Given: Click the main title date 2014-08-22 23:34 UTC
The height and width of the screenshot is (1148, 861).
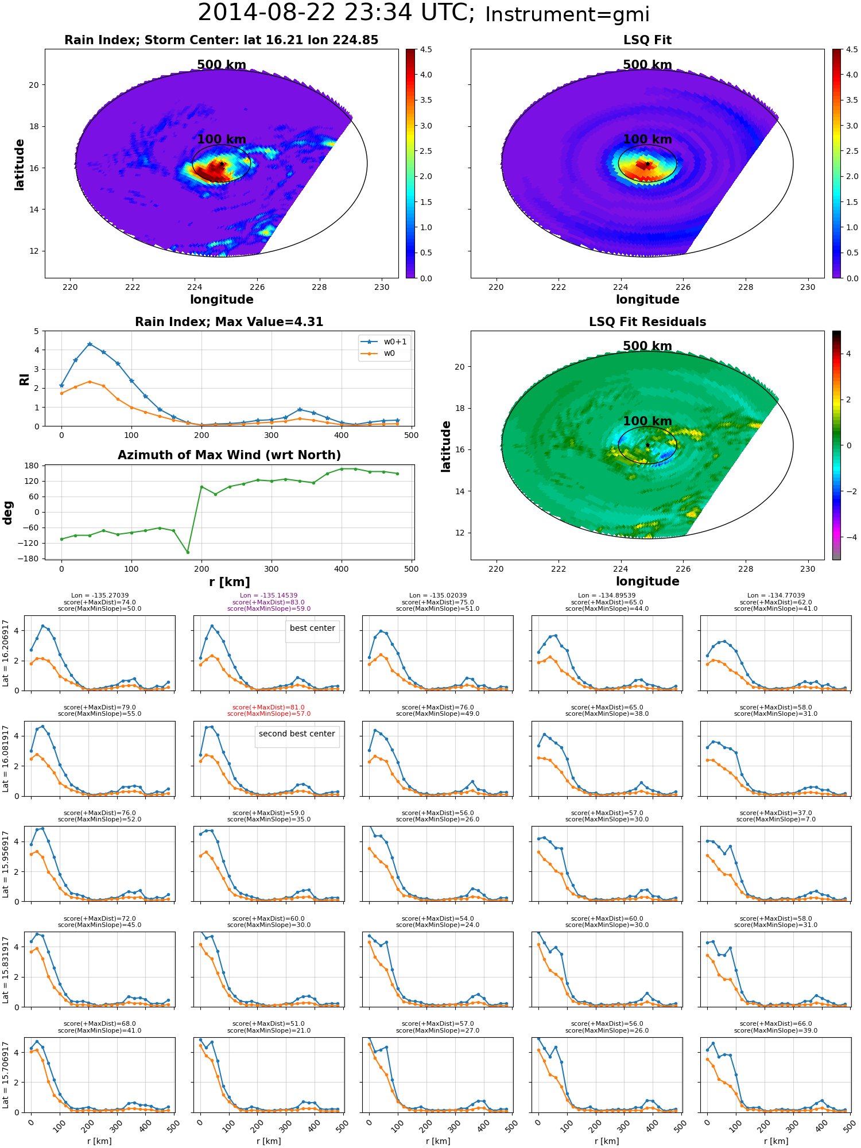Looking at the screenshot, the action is coord(336,13).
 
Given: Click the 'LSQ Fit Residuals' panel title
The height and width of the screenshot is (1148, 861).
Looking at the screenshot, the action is coord(647,322).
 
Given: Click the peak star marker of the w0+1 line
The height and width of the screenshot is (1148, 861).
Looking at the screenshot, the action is coord(90,344).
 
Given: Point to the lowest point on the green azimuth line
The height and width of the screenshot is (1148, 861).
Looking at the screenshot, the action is coord(188,552).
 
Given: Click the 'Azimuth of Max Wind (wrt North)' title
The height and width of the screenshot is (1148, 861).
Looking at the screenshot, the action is coord(229,455).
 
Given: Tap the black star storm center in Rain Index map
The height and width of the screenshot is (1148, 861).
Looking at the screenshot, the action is coord(222,164).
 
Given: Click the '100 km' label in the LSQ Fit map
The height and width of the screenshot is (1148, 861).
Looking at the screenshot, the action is coord(647,139).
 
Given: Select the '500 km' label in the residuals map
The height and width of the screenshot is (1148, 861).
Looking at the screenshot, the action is coord(647,346).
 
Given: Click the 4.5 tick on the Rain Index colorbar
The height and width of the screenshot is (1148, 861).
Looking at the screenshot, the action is coord(425,50).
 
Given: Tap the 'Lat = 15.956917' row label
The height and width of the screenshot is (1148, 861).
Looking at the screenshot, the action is coord(6,864).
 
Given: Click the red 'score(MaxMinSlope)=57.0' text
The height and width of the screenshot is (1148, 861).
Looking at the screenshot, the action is coord(269,714).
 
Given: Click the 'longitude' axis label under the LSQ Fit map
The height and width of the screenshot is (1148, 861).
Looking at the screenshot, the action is coord(647,300).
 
